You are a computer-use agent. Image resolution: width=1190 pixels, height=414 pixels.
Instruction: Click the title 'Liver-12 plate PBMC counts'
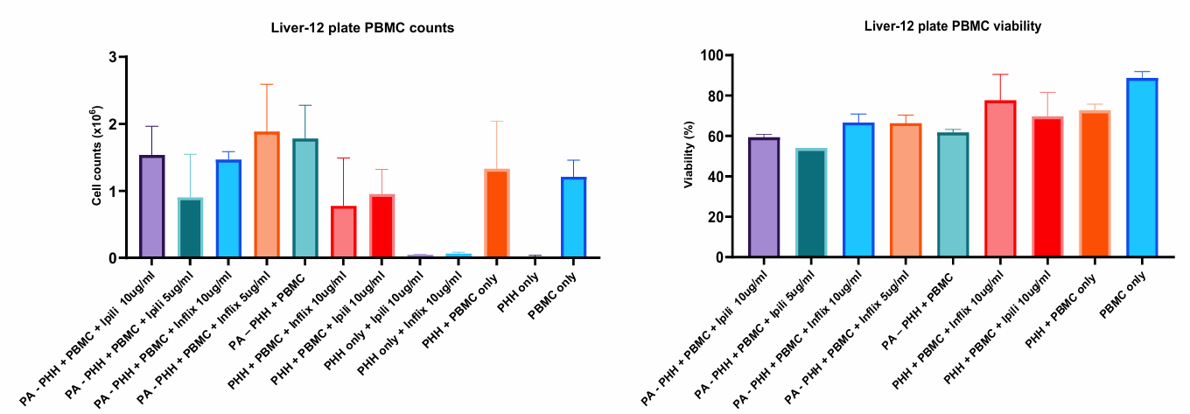[362, 27]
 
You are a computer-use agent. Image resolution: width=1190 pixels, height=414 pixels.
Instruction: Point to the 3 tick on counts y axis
[112, 57]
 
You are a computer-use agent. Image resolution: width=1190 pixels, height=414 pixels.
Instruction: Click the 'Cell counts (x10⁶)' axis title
[98, 158]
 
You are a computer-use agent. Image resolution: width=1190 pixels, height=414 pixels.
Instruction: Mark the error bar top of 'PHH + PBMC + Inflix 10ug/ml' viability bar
[1000, 74]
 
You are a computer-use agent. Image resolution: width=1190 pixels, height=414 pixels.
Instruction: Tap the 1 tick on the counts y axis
[112, 191]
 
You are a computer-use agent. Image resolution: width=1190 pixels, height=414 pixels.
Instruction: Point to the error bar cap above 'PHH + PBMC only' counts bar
[497, 122]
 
